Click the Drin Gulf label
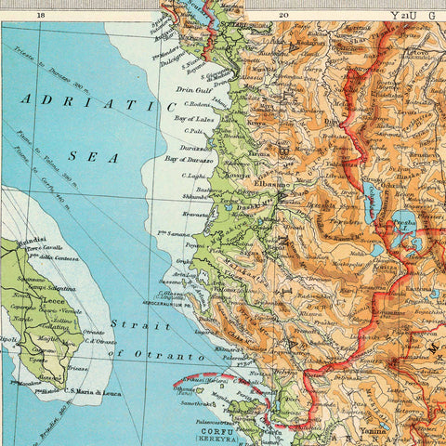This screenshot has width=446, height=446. [x=193, y=90]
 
